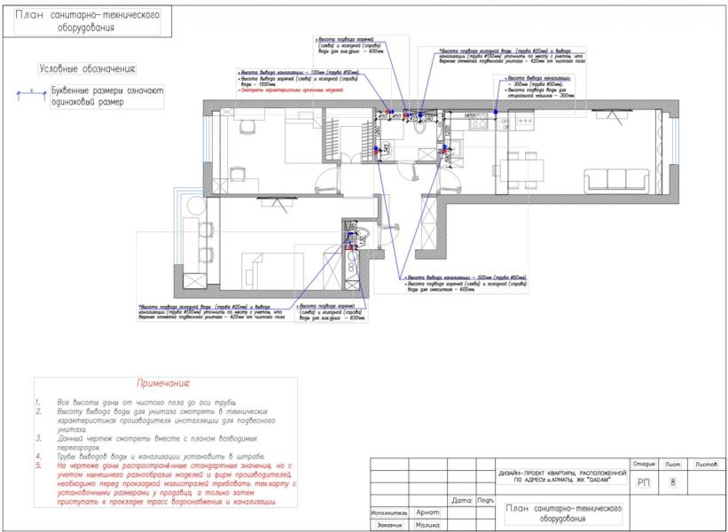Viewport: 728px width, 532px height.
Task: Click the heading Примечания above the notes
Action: [x=163, y=383]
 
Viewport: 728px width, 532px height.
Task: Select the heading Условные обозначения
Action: [x=87, y=68]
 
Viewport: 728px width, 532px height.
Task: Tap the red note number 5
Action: [x=39, y=464]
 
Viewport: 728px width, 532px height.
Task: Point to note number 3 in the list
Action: [x=39, y=438]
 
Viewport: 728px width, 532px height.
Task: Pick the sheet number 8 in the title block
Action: [x=673, y=483]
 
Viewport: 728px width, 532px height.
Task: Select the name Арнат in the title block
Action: [x=428, y=512]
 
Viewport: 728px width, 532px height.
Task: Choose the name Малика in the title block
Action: [x=429, y=525]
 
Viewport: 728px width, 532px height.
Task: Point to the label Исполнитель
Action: [x=390, y=512]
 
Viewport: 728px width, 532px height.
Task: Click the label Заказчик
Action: [x=389, y=525]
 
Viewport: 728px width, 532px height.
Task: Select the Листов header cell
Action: [x=706, y=464]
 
